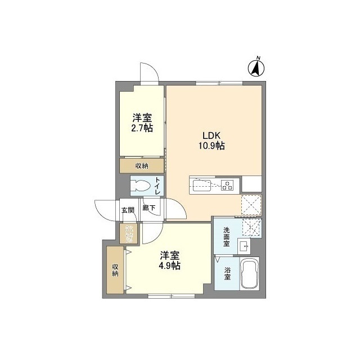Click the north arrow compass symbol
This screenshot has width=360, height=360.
pyautogui.click(x=256, y=67)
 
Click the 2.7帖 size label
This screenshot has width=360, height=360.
pyautogui.click(x=142, y=128)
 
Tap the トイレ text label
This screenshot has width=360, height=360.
pyautogui.click(x=157, y=186)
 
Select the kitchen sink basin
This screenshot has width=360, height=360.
pyautogui.click(x=201, y=183)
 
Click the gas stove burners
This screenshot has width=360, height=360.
pyautogui.click(x=227, y=184)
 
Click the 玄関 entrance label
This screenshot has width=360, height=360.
pyautogui.click(x=128, y=210)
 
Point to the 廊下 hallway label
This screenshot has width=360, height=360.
pyautogui.click(x=148, y=208)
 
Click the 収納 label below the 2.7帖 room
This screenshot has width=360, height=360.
pyautogui.click(x=142, y=165)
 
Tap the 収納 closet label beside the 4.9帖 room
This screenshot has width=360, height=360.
pyautogui.click(x=115, y=269)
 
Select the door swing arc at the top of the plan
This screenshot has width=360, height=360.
pyautogui.click(x=148, y=71)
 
